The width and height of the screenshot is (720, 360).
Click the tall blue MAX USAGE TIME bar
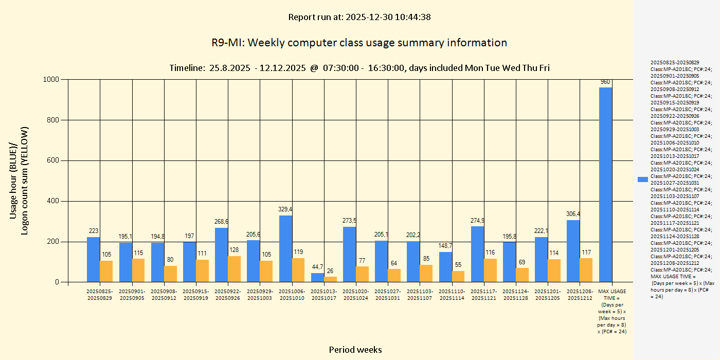click(606, 185)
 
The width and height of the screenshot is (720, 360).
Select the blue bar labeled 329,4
click(285, 249)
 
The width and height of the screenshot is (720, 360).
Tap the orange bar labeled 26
click(330, 279)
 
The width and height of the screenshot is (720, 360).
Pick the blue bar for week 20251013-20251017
click(317, 278)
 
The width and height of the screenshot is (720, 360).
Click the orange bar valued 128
click(235, 269)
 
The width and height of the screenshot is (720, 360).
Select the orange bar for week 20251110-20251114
click(458, 276)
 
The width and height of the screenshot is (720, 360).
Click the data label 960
click(606, 82)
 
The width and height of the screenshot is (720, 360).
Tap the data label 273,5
click(350, 221)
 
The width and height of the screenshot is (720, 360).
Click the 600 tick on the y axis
click(55, 160)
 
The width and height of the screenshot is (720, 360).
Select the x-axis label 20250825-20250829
click(100, 295)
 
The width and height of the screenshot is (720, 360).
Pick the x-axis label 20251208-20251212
click(580, 295)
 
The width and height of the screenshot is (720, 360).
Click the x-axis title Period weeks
click(355, 350)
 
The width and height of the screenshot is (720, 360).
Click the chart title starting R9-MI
click(359, 43)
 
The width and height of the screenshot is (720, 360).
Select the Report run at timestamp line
click(359, 17)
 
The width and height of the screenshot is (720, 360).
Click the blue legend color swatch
click(642, 179)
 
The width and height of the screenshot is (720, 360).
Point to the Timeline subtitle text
click(359, 68)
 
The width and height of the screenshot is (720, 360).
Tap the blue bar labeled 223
click(94, 260)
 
